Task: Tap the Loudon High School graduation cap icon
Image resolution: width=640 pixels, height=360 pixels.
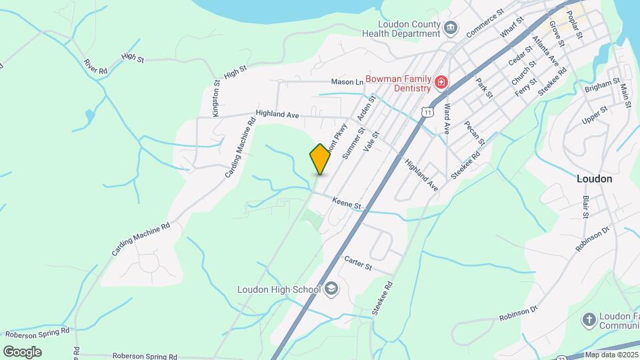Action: [x=331, y=289]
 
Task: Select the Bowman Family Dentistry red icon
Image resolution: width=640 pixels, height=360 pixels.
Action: [x=441, y=83]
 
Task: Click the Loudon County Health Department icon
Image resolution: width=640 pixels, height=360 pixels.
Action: [x=451, y=28]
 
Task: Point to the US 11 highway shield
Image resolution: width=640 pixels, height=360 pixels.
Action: [x=427, y=112]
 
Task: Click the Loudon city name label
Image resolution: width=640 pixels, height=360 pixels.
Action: [x=594, y=179]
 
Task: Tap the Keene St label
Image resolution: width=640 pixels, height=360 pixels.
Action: [x=347, y=202]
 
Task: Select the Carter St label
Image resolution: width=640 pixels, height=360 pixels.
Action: [x=357, y=263]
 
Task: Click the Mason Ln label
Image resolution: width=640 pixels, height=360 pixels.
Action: [x=347, y=82]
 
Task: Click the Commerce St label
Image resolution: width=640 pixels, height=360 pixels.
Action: [x=485, y=24]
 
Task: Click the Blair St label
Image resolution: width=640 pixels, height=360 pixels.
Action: [x=585, y=207]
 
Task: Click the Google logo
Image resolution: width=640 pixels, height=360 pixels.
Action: [x=22, y=351]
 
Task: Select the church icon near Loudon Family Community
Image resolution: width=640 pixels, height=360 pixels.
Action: [x=589, y=319]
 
